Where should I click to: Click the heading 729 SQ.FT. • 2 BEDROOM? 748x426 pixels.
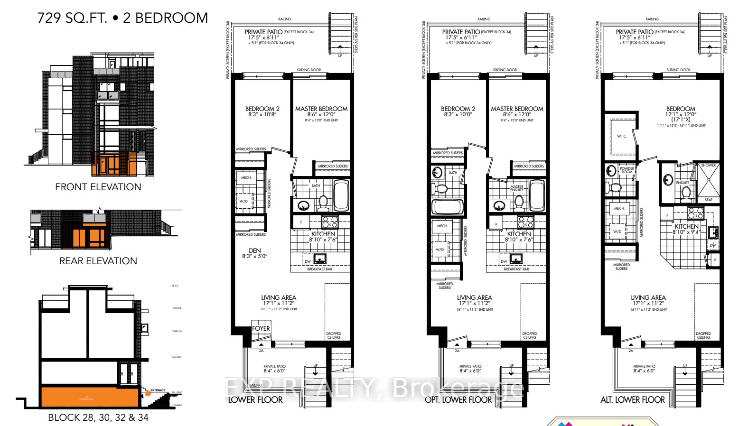pos(122,18)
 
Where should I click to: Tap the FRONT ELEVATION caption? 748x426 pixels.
pos(98,187)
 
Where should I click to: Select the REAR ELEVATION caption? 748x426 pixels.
pos(98,261)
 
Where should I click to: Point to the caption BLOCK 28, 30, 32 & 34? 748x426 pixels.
pos(98,417)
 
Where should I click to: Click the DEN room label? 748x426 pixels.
pos(255,250)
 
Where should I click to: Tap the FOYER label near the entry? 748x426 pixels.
pos(261,328)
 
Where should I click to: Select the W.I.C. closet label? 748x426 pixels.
pos(622,136)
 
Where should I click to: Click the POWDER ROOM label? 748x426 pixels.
pos(627,170)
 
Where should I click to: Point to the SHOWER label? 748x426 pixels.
pos(708,165)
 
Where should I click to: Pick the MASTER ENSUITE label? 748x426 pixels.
pos(517,188)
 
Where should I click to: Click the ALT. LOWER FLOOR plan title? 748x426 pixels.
pos(632,400)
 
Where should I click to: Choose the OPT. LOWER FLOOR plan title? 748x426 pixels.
pos(458,400)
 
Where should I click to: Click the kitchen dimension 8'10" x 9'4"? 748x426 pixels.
pos(686,232)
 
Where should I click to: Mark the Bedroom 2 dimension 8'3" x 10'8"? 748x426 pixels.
pos(262,114)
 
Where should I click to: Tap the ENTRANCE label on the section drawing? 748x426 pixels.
pos(158,390)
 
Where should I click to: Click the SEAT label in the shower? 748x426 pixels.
pos(708,200)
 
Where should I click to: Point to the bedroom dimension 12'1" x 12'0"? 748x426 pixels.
pos(681,114)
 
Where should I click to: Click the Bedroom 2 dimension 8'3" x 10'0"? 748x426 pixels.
pos(458,114)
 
